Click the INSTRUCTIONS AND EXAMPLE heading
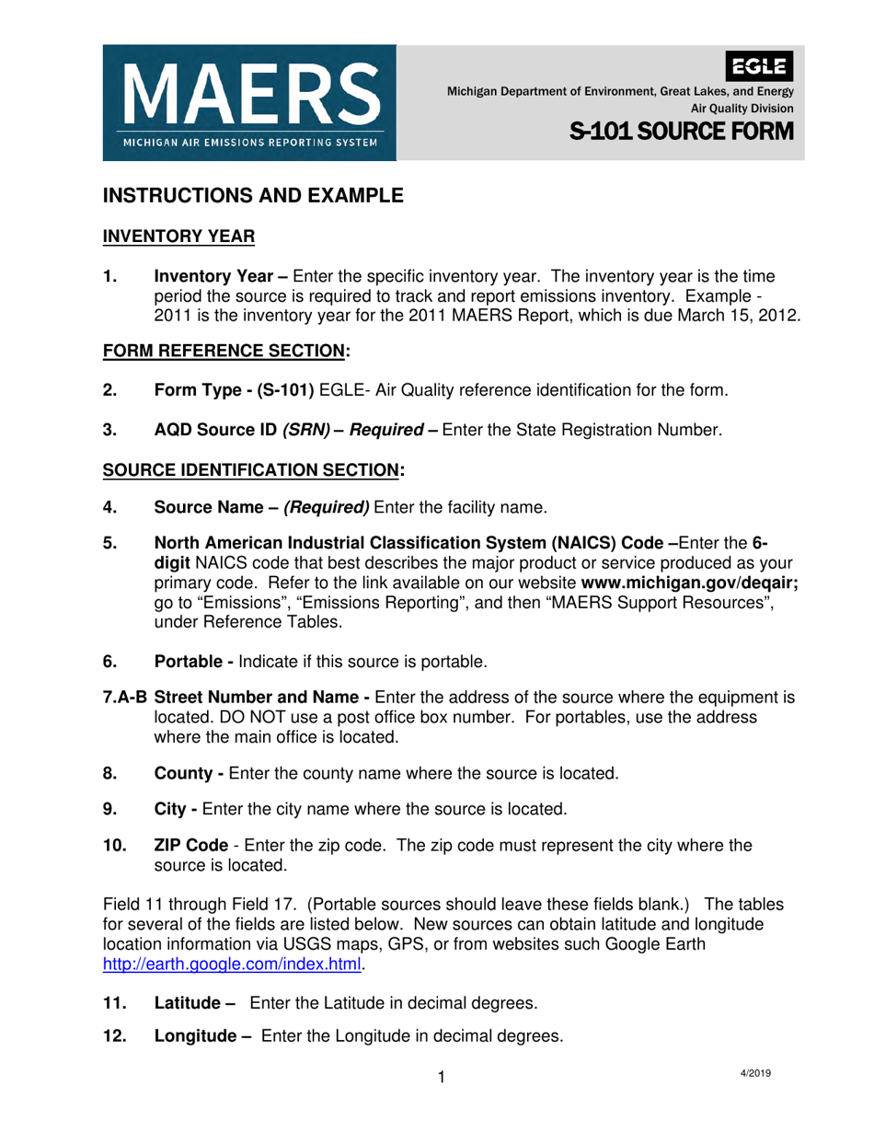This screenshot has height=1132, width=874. coord(253,195)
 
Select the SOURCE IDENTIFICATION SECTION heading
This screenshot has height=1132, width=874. coord(253,468)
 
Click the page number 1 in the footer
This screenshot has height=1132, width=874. coord(442,1078)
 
